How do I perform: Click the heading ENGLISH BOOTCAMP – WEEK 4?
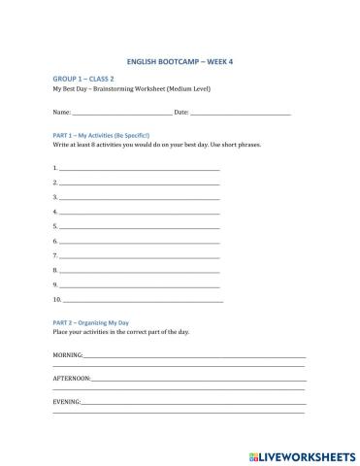coord(180,60)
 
